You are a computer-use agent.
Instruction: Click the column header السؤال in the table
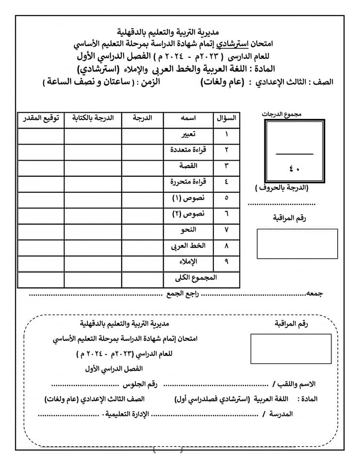[x=227, y=118]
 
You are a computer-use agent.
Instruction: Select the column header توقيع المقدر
[x=41, y=118]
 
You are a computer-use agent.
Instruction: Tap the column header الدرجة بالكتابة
[x=93, y=118]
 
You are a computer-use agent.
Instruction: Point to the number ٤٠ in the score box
[x=295, y=168]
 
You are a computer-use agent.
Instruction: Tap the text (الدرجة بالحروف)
[x=282, y=187]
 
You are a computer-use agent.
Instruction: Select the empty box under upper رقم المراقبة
[x=297, y=244]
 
